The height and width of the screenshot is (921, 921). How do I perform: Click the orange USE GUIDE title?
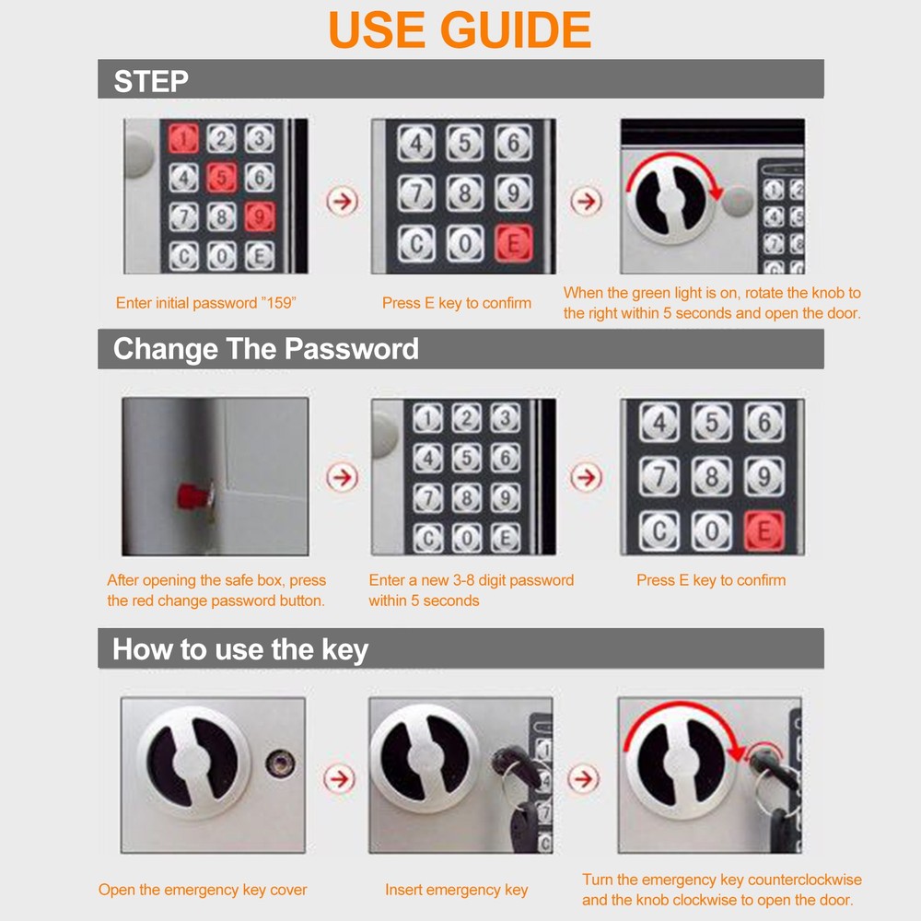point(460,29)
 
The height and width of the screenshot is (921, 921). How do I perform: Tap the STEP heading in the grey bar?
point(151,81)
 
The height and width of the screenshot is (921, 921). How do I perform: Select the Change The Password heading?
point(265,349)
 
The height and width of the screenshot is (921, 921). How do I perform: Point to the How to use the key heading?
point(240,649)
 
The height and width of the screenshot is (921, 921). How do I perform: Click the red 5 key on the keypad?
point(221,178)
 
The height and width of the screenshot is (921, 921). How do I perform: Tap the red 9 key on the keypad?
point(260,216)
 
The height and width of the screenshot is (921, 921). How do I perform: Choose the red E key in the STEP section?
point(513,243)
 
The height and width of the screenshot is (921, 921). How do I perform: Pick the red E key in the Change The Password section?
point(764,531)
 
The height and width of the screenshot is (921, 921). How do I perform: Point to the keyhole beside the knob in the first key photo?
point(281,763)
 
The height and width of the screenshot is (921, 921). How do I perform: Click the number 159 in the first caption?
point(279,303)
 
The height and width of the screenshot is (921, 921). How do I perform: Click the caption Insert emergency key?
point(457,890)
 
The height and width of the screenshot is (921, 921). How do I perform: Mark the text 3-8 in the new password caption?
point(463,580)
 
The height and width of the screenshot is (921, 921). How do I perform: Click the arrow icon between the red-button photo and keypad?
point(342,476)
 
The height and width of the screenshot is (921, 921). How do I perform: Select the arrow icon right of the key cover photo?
point(340,779)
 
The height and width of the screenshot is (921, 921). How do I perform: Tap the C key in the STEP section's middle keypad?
point(416,243)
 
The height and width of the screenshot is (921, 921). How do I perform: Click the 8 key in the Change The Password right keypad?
point(711,476)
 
